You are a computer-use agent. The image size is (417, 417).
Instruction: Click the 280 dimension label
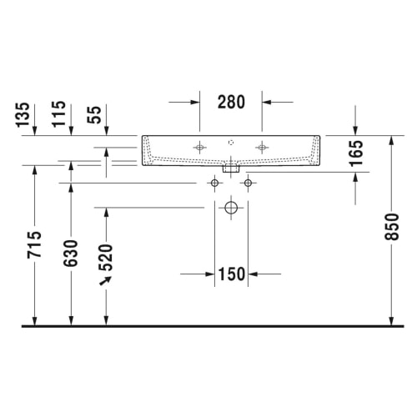[231, 102]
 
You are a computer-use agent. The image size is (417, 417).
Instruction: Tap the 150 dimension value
[232, 274]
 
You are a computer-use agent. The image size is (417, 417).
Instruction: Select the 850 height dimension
[391, 227]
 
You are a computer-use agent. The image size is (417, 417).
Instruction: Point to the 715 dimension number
[34, 244]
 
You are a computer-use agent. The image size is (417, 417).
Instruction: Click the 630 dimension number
[71, 254]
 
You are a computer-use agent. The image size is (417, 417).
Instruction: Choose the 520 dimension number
[106, 258]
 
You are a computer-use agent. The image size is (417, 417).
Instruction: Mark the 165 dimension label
[356, 153]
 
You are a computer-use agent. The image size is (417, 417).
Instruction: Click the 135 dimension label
[23, 115]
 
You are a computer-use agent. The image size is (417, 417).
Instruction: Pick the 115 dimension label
[58, 114]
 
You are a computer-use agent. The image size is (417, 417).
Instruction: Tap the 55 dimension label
[94, 115]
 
